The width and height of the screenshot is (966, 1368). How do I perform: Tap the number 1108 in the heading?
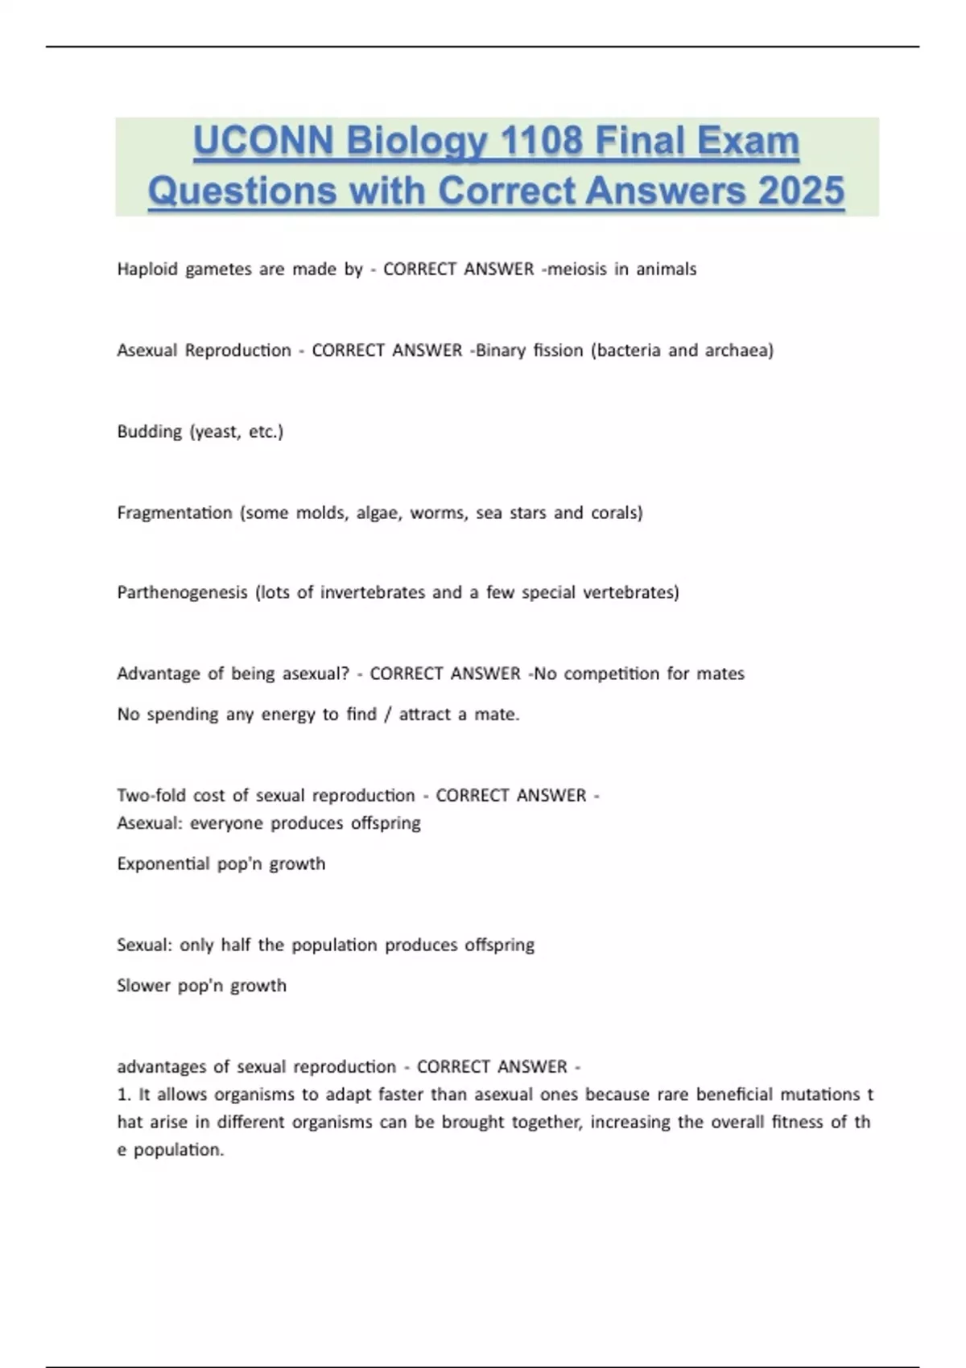click(541, 142)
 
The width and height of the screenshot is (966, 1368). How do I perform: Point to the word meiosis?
click(577, 270)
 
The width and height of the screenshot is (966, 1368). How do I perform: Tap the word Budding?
click(150, 432)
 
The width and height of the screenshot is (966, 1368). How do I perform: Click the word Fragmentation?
click(175, 513)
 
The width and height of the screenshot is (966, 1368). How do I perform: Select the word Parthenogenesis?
click(182, 593)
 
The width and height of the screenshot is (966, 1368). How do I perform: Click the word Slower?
click(143, 986)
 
